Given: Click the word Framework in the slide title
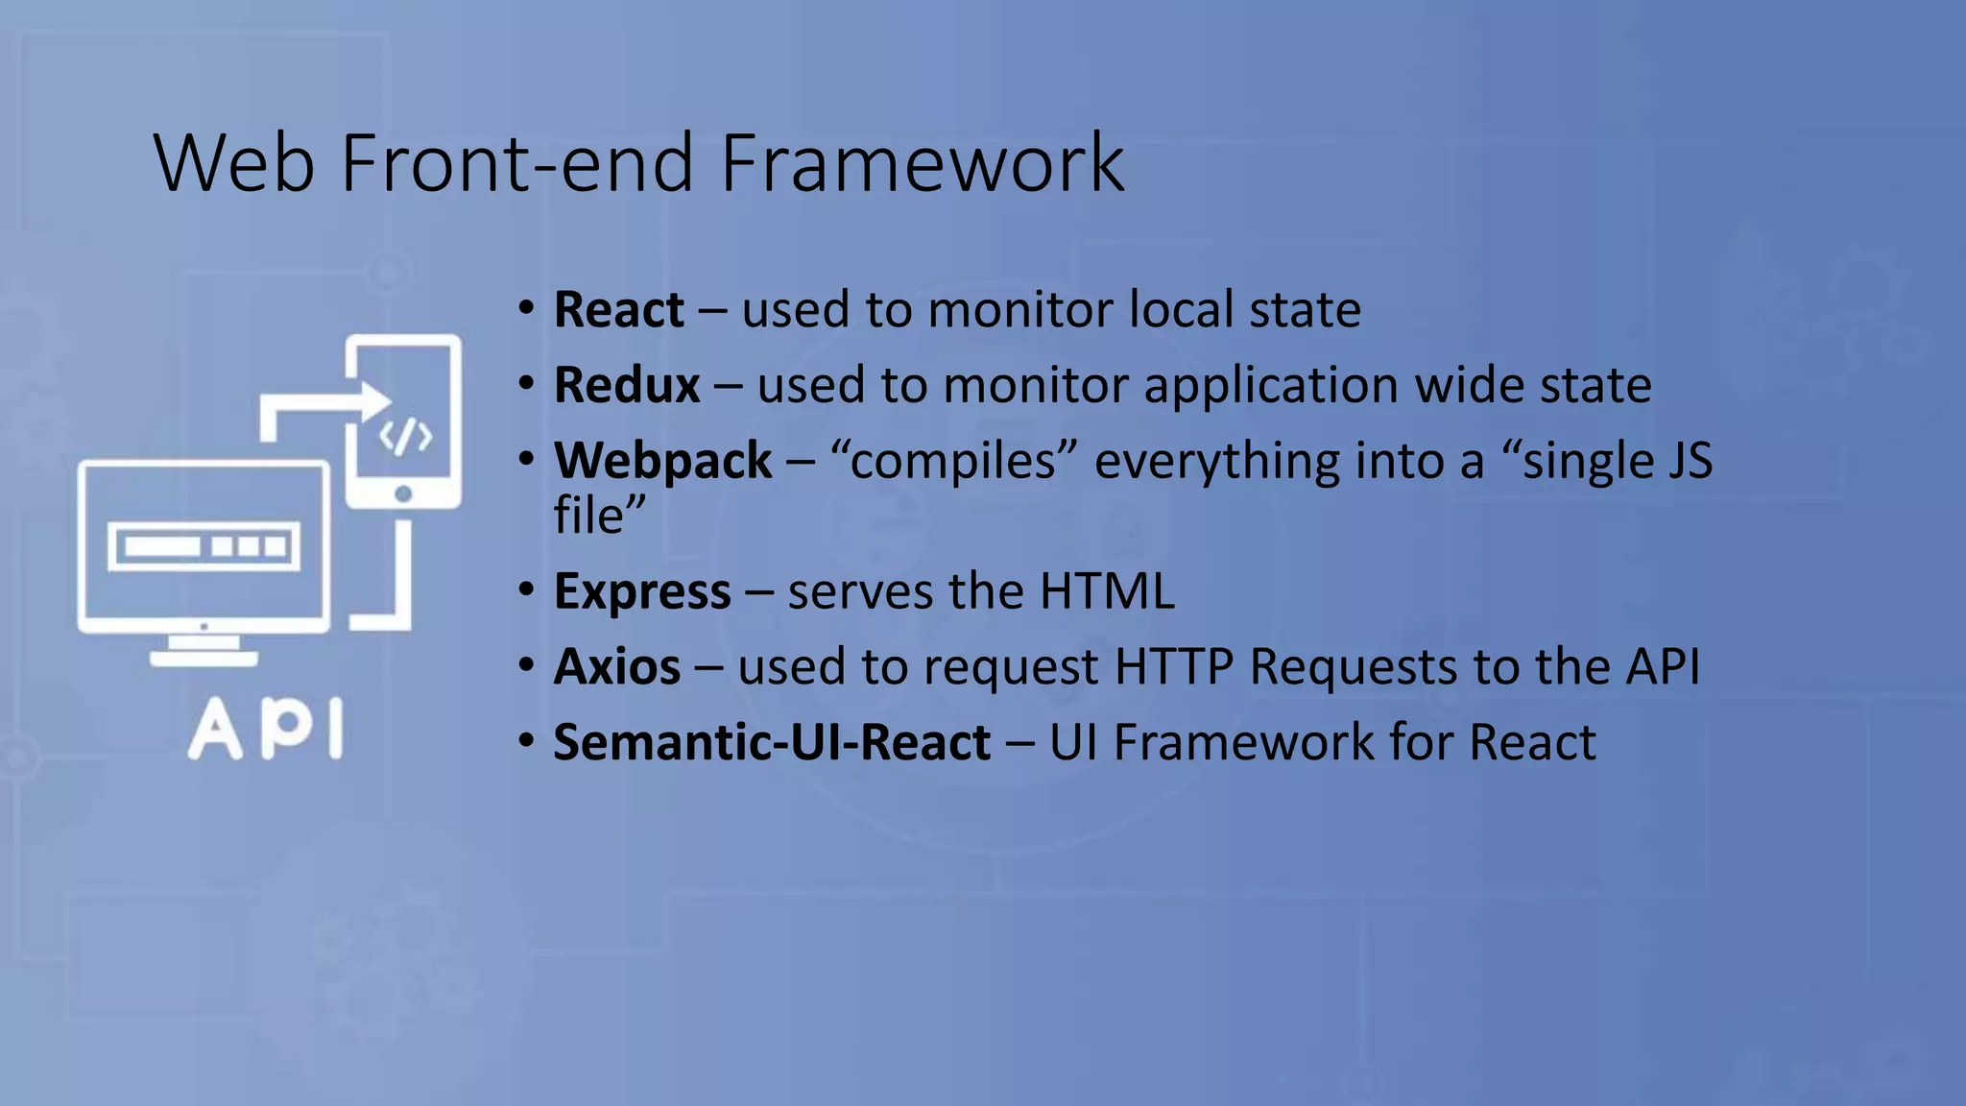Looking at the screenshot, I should (922, 163).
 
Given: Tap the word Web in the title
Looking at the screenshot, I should (233, 163).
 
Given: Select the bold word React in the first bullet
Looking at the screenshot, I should (619, 310).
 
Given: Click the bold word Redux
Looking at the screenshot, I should (627, 385).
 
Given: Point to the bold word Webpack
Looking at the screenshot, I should (662, 461).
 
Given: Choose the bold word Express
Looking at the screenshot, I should (642, 591).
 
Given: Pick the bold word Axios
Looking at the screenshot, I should (617, 666).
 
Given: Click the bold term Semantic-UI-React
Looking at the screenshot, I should (772, 742).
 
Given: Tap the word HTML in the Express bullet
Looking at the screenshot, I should (1107, 591).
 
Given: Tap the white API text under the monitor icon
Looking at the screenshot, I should (266, 730).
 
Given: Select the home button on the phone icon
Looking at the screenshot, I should (403, 493).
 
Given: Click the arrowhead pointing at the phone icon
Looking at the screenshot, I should (374, 401).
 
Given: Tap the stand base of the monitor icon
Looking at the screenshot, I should (204, 659).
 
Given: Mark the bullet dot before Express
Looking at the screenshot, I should (525, 589).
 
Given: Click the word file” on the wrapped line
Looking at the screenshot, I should (599, 516).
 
